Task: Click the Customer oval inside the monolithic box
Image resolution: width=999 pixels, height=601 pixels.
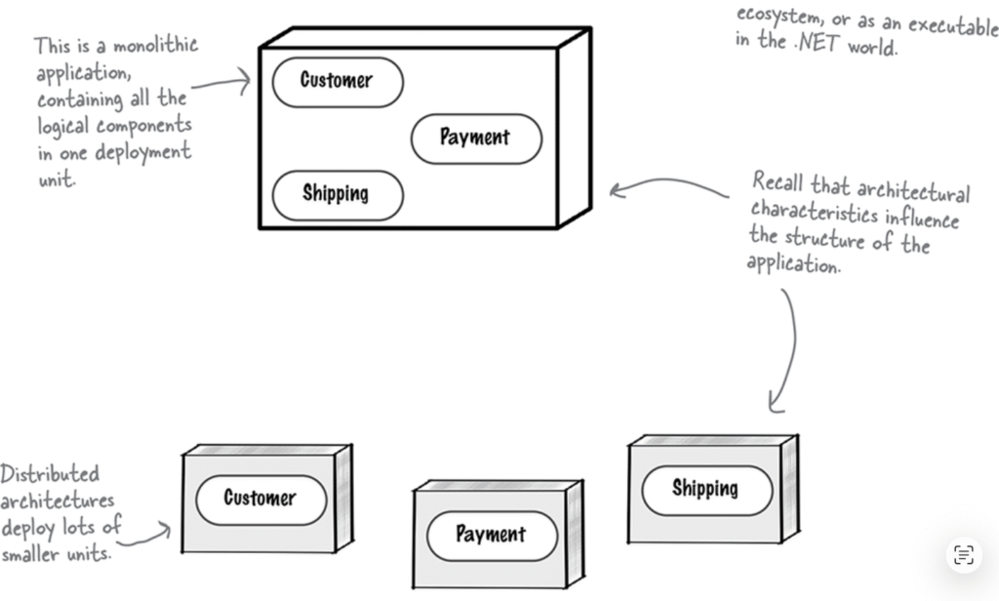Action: tap(337, 82)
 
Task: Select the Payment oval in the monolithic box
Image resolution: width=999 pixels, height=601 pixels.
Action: tap(474, 139)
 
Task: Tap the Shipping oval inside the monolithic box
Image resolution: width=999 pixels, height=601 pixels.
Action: tap(336, 194)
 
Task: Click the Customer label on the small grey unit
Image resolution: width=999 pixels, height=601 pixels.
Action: tap(260, 499)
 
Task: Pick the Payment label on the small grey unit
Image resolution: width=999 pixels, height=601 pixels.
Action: tap(490, 535)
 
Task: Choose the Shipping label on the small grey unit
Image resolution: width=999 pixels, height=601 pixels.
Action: tap(705, 488)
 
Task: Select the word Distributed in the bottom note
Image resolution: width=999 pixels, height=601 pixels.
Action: tap(50, 475)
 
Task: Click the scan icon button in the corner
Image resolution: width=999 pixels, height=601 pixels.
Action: tap(963, 555)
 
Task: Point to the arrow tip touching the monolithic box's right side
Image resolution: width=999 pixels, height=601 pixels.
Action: tap(616, 189)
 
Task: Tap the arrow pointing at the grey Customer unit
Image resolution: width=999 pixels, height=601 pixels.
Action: tap(156, 532)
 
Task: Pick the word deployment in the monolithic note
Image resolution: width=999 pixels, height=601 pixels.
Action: tap(148, 153)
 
